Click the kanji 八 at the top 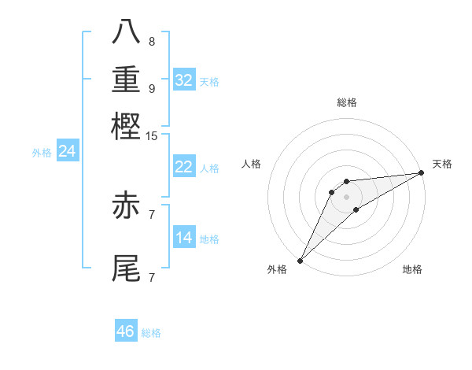point(127,31)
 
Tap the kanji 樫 point(127,126)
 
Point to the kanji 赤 point(127,205)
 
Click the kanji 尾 point(127,268)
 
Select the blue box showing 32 point(184,80)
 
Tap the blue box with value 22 point(184,167)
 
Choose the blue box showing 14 point(184,238)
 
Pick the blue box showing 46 point(126,331)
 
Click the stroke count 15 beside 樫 point(151,135)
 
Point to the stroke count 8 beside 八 point(151,41)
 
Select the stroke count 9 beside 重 point(151,88)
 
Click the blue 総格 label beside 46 point(151,333)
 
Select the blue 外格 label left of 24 point(42,153)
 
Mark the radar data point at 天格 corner point(422,173)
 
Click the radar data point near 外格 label point(300,261)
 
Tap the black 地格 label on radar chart point(412,270)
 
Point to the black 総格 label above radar point(346,102)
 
